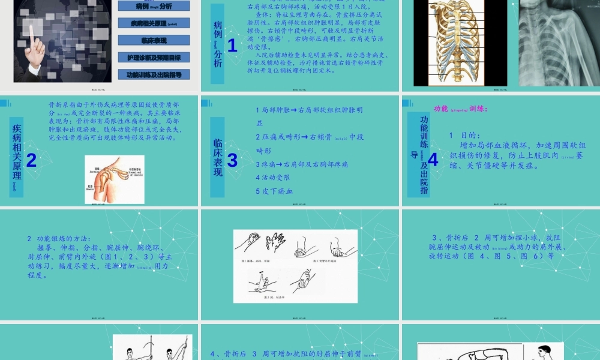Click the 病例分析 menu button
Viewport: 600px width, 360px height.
pos(154,5)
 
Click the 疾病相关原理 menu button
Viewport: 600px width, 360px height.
pos(154,23)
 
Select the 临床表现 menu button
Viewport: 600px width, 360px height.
pos(154,40)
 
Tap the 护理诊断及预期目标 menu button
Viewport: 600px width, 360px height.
pos(154,58)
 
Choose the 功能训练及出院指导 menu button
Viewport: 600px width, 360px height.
pos(154,74)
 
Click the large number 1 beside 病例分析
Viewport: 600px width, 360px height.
pos(232,44)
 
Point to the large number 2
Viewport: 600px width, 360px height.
pos(31,160)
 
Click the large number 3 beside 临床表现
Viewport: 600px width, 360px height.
pos(232,160)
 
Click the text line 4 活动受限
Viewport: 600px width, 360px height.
pos(272,178)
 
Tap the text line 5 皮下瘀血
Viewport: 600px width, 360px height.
pos(274,191)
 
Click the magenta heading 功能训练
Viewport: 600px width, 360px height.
pos(460,109)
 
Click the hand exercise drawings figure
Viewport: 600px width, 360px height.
pos(295,266)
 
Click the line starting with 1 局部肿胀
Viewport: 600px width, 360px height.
pos(308,110)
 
